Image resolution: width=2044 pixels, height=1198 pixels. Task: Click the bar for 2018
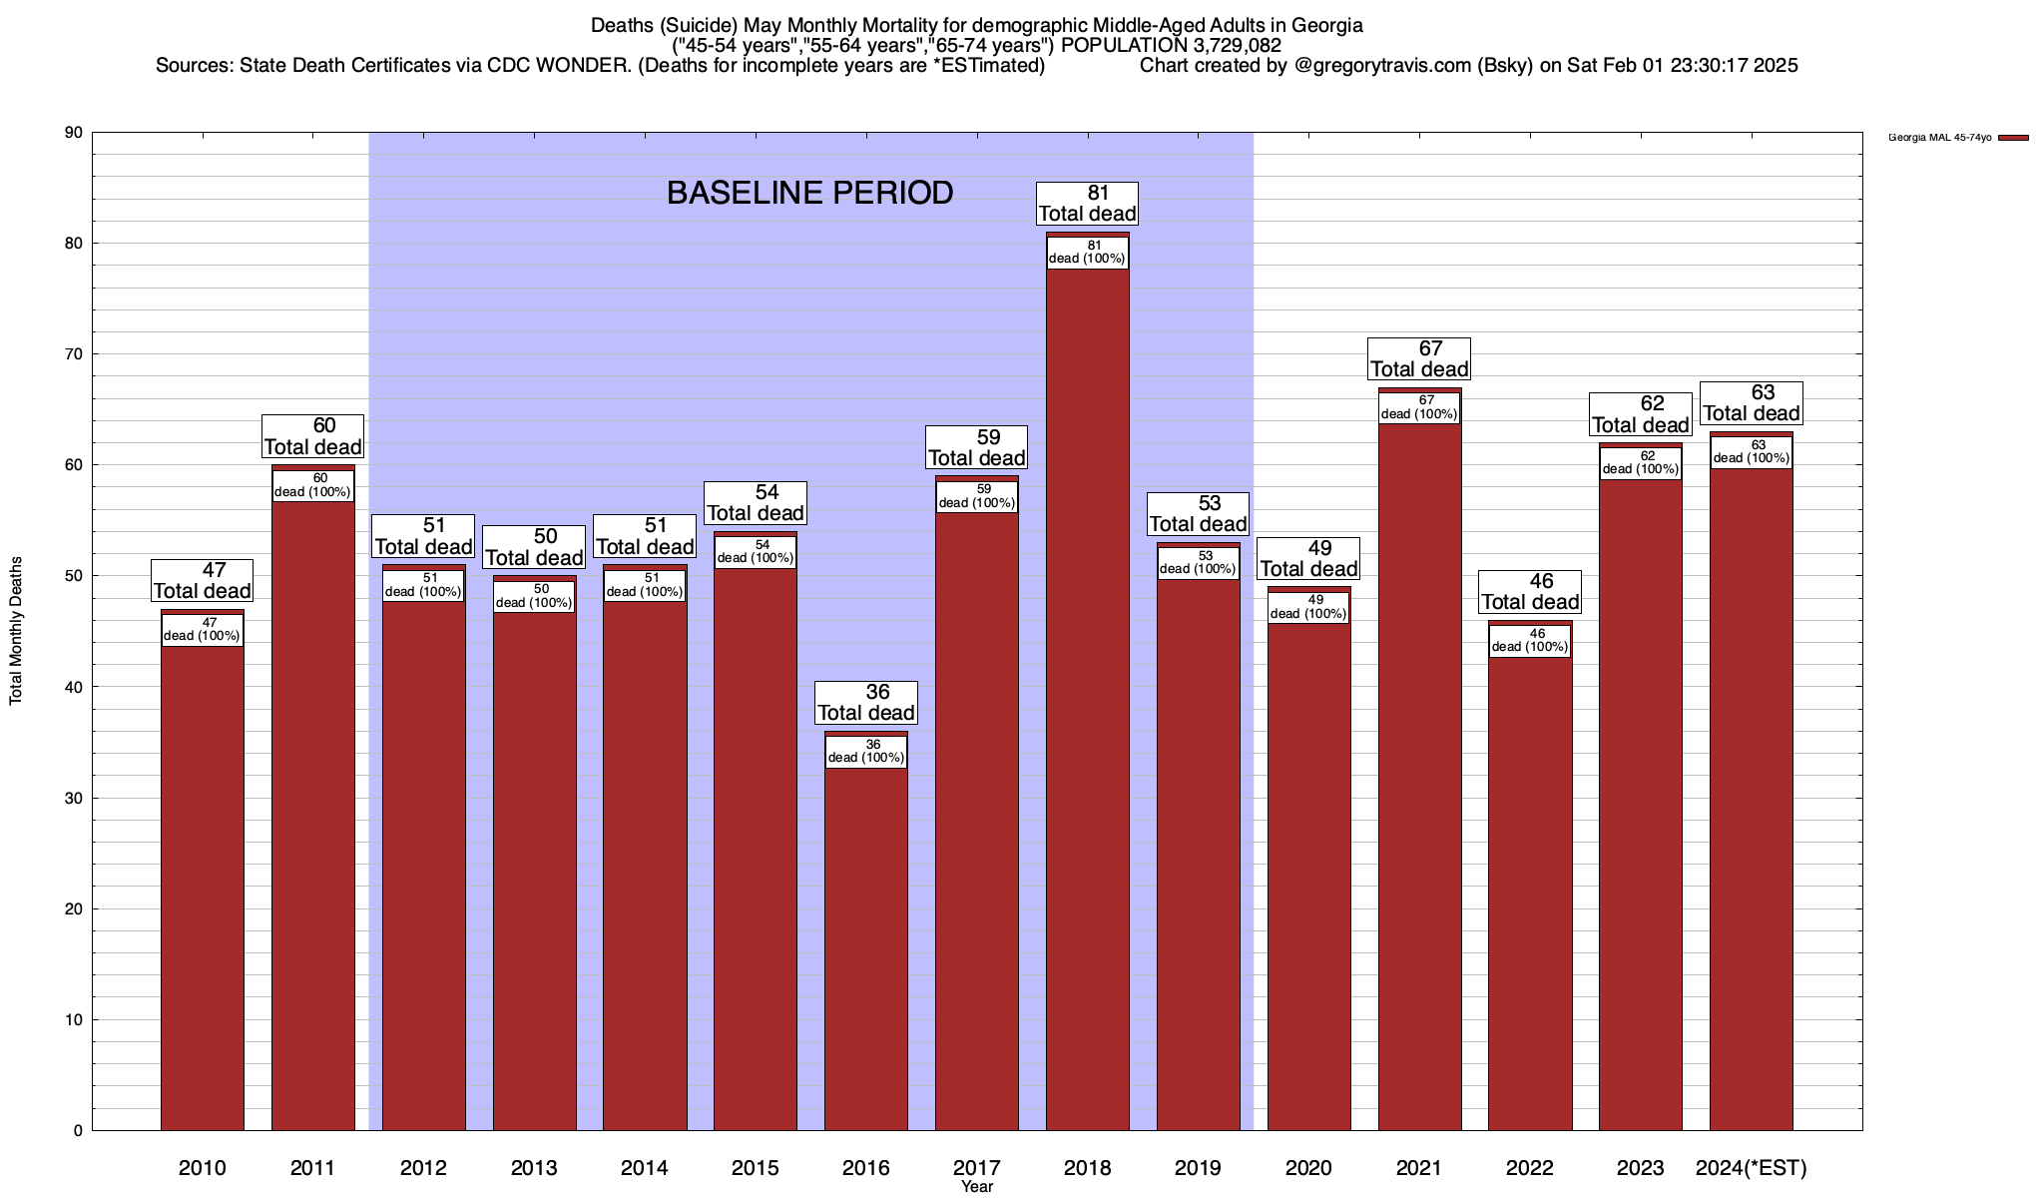click(1088, 699)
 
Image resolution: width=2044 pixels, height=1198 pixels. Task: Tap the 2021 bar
click(1419, 779)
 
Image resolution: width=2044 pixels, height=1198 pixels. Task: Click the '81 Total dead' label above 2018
click(1088, 204)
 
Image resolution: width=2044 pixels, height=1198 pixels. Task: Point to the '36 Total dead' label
click(866, 703)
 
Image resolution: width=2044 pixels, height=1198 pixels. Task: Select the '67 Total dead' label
click(1419, 358)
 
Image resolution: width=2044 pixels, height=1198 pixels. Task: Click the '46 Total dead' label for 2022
click(1530, 592)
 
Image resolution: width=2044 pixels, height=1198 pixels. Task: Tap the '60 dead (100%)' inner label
click(313, 485)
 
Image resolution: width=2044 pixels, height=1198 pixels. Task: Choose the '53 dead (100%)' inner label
click(1199, 563)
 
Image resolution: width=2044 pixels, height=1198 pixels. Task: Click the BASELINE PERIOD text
click(809, 194)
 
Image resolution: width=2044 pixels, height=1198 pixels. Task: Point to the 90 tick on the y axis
click(76, 133)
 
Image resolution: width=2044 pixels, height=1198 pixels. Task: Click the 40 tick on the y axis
click(76, 687)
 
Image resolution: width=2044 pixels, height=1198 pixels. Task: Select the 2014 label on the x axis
click(645, 1168)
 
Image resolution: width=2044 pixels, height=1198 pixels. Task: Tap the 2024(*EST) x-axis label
click(1752, 1168)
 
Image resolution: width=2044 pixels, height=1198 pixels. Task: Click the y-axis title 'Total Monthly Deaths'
click(16, 631)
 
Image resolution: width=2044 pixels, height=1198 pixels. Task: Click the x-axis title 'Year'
click(977, 1187)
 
